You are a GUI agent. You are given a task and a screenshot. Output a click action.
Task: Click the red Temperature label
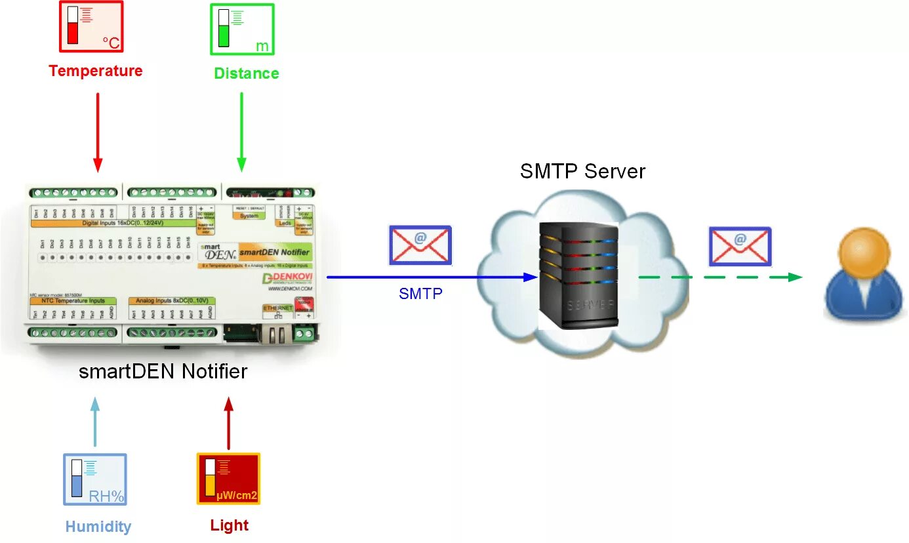click(x=96, y=71)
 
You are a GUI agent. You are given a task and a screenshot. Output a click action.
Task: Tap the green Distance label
click(x=247, y=73)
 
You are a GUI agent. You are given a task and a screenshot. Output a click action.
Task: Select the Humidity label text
click(x=98, y=527)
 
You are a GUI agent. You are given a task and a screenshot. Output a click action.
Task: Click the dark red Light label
click(x=230, y=525)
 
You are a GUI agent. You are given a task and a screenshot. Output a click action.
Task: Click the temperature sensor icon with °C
click(x=92, y=26)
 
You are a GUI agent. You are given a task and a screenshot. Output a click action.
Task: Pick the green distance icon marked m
click(x=242, y=30)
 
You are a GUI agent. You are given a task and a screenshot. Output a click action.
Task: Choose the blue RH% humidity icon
click(x=95, y=479)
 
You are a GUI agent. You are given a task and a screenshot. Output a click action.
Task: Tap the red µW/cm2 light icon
click(x=228, y=479)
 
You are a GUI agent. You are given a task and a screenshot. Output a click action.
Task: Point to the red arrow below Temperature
click(x=98, y=131)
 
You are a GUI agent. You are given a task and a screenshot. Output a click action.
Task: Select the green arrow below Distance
click(x=241, y=131)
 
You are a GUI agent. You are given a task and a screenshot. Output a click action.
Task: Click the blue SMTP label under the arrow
click(x=420, y=294)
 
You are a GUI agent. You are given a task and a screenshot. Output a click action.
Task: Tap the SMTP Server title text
click(x=582, y=172)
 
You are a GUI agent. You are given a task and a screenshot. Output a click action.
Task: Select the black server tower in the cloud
click(x=578, y=275)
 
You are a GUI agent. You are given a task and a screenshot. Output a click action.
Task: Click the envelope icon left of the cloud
click(x=420, y=245)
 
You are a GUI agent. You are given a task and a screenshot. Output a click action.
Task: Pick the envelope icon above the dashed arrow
click(x=740, y=247)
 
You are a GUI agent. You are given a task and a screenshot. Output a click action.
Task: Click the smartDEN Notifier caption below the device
click(x=163, y=372)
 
